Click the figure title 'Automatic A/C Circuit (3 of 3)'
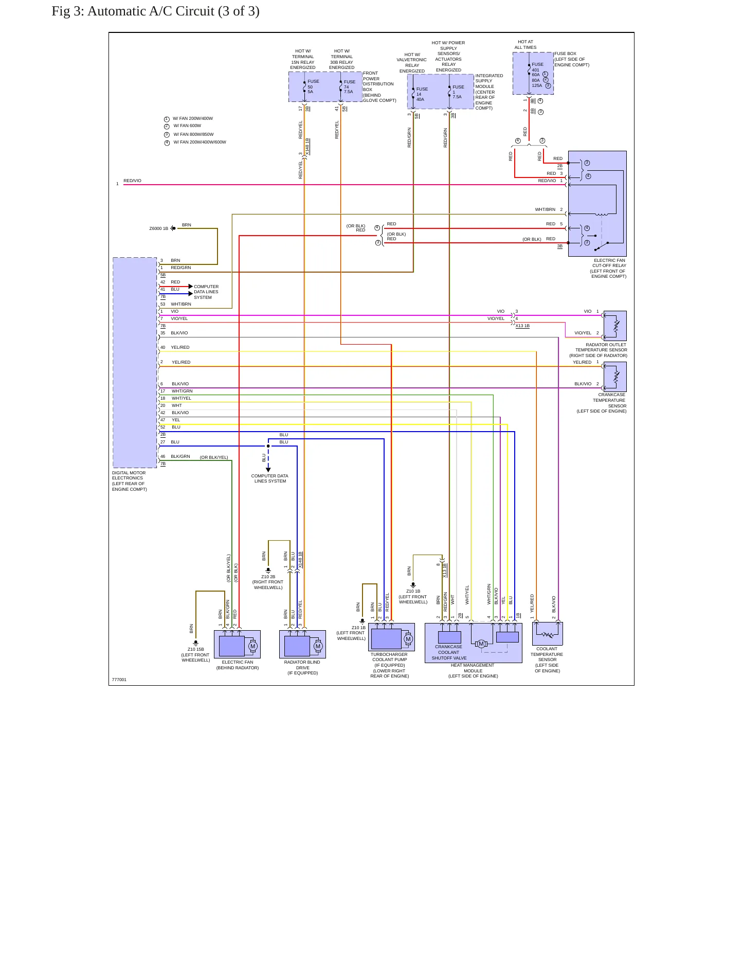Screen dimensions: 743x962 click(173, 11)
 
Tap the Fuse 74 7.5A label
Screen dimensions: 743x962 click(350, 86)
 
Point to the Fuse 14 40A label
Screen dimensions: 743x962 click(422, 94)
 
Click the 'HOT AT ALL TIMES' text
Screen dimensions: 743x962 click(525, 45)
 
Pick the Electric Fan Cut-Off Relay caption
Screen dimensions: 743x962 click(608, 269)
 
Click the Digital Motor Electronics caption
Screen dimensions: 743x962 click(130, 481)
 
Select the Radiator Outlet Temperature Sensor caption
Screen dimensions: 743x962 click(599, 350)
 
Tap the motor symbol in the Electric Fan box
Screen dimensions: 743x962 click(252, 646)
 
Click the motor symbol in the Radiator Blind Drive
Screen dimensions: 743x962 click(318, 646)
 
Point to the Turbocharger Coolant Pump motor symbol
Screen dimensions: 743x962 click(408, 639)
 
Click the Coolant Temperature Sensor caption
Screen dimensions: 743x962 click(547, 660)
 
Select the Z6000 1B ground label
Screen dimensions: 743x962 click(159, 228)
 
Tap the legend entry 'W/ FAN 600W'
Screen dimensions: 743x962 click(187, 126)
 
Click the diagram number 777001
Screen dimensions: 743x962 click(119, 680)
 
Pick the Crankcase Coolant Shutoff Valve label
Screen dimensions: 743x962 click(449, 652)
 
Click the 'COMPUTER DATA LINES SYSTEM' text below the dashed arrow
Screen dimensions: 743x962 click(270, 478)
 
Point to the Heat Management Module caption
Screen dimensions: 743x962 click(473, 671)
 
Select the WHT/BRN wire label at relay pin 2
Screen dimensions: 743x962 click(545, 210)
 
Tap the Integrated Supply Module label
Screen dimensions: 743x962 click(489, 92)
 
